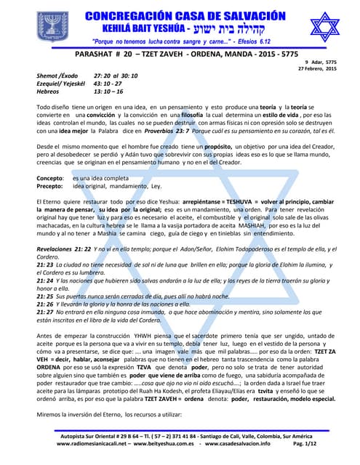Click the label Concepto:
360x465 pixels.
coord(51,177)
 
